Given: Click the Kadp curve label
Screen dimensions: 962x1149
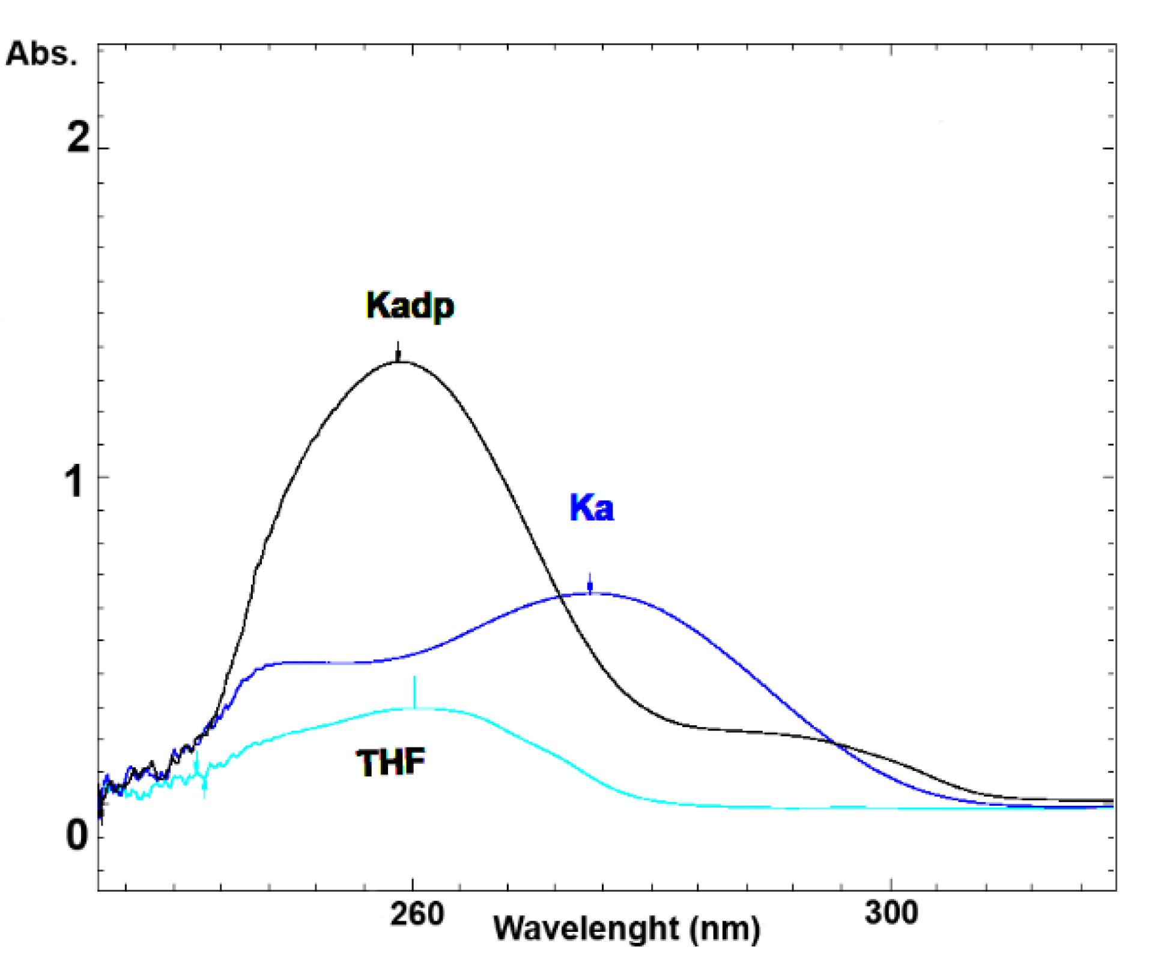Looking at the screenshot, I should (x=410, y=306).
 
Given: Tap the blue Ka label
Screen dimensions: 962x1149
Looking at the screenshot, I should (x=592, y=508).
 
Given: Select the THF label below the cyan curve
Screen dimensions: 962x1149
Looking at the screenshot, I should (x=390, y=763).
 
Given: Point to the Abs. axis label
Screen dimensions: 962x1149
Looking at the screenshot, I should (x=41, y=54).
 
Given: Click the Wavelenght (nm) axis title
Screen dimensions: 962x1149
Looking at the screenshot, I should (x=626, y=928).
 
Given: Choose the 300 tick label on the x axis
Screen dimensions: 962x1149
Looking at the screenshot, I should (x=891, y=912).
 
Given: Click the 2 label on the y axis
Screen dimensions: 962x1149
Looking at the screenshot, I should (x=78, y=138).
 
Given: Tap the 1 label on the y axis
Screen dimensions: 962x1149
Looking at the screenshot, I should (x=74, y=482).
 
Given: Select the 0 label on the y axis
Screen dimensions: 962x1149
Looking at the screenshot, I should (x=77, y=835).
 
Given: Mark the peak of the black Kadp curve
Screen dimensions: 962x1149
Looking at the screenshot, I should (x=399, y=362).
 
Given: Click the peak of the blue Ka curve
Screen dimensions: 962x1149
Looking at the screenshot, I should (x=592, y=594).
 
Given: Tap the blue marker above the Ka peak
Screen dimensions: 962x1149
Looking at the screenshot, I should (x=590, y=584).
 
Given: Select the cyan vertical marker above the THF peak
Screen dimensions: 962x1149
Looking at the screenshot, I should (x=414, y=691).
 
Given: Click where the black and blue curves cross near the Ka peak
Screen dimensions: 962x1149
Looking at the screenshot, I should (x=560, y=596).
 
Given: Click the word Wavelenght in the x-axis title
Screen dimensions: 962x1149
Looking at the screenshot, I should (x=586, y=928).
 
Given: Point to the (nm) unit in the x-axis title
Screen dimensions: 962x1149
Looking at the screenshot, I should (x=725, y=929).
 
